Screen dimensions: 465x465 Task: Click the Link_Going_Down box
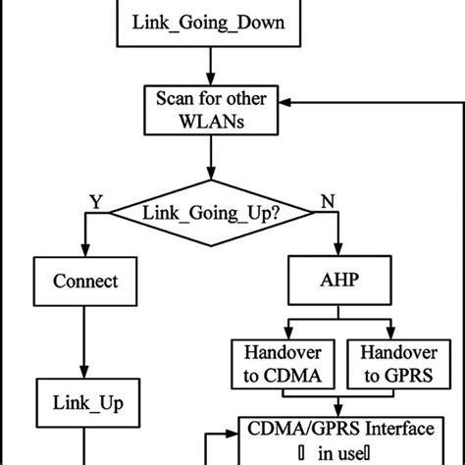coord(211,21)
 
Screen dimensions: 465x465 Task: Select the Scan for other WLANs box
coord(211,111)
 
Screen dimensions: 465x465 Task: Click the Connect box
coord(85,282)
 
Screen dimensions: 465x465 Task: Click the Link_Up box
coord(85,402)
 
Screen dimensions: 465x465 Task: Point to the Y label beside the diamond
coord(95,199)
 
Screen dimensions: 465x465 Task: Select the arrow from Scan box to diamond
coord(211,159)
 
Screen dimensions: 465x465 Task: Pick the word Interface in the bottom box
coord(388,430)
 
